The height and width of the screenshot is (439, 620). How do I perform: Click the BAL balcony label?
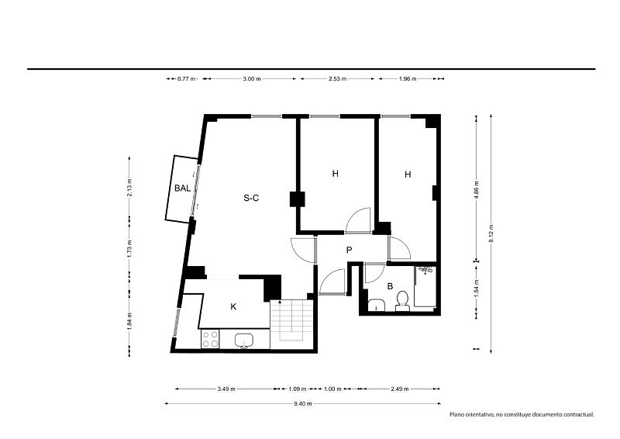coord(183,188)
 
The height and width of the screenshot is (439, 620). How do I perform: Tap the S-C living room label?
coord(251,198)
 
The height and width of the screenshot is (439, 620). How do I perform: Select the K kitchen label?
coord(233,306)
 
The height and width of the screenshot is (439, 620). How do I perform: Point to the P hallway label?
coord(349,250)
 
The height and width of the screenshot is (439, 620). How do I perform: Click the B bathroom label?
coord(390,286)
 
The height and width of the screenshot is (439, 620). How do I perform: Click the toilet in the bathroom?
coord(402,301)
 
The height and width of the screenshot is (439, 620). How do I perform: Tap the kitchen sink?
coord(244,340)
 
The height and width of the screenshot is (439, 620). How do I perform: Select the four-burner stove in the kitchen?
coord(210,339)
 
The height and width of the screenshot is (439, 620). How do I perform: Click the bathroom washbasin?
coord(376,305)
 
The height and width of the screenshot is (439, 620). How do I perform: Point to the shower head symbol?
coord(425,271)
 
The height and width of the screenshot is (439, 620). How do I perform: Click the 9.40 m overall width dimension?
coord(303,404)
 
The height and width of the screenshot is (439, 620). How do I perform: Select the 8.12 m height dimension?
coord(491,233)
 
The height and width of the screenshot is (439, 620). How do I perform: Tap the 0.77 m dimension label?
coord(186,79)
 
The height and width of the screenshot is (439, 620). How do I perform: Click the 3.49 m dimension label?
coord(226,389)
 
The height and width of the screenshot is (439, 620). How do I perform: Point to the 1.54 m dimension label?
coord(477,288)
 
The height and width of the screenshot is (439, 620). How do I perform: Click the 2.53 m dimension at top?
coord(337,79)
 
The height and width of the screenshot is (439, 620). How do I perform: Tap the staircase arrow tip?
coord(280,302)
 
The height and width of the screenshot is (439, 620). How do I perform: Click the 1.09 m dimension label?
coord(298,389)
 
